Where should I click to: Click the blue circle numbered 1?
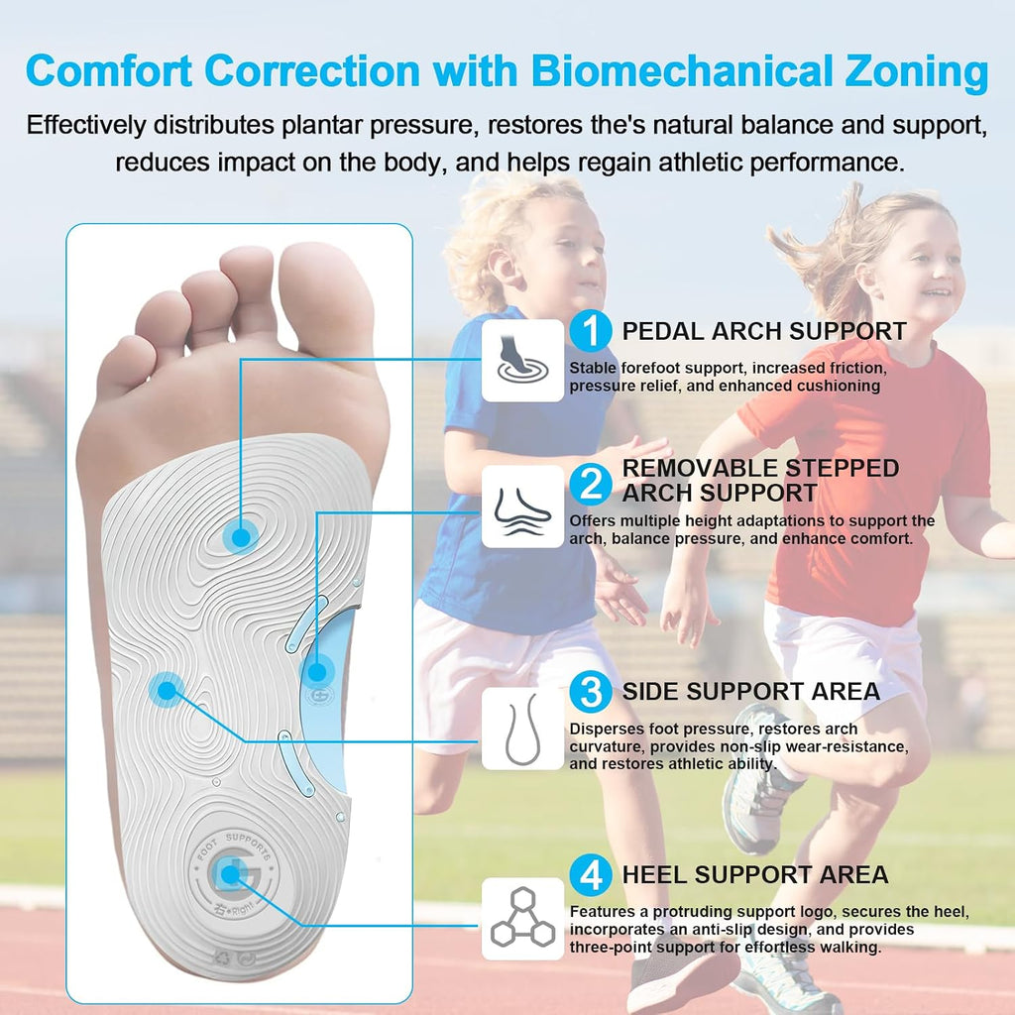[x=591, y=331]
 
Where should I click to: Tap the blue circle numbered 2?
[x=591, y=484]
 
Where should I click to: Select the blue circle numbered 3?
[x=591, y=691]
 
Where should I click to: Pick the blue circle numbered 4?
[x=591, y=875]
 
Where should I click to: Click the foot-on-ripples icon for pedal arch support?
[x=522, y=361]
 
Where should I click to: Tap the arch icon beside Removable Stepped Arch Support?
[x=522, y=507]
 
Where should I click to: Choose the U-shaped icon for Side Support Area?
[x=522, y=729]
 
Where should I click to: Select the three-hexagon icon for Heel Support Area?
[x=522, y=919]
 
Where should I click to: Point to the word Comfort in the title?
[x=109, y=70]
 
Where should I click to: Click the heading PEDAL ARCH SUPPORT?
[x=764, y=331]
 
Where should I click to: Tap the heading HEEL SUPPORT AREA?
[x=754, y=875]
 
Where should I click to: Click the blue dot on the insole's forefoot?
[x=241, y=537]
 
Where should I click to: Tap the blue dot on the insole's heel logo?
[x=230, y=875]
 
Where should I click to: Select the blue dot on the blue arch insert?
[x=316, y=673]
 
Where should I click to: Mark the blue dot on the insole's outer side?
[x=167, y=691]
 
